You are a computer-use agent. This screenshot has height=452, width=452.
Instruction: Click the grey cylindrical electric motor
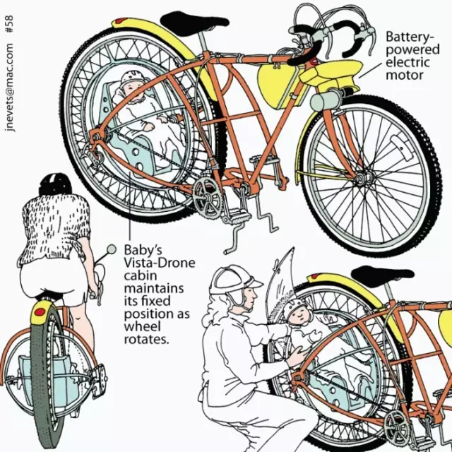[323, 101]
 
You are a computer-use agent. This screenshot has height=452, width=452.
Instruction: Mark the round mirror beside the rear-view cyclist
[110, 249]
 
